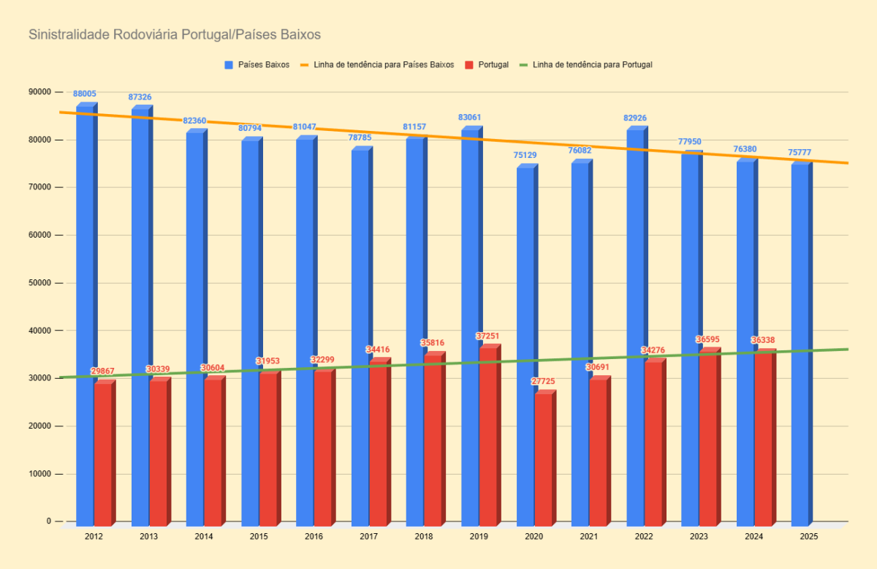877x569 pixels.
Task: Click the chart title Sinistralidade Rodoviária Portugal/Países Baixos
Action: pyautogui.click(x=174, y=34)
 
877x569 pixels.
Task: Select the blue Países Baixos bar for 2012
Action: pyautogui.click(x=85, y=314)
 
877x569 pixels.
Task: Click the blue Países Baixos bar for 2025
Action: pyautogui.click(x=800, y=344)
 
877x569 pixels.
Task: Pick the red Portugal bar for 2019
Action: pyautogui.click(x=487, y=436)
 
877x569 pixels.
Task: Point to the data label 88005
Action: pyautogui.click(x=85, y=94)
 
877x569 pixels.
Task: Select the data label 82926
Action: pyautogui.click(x=635, y=118)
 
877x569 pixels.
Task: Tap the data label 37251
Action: pyautogui.click(x=486, y=336)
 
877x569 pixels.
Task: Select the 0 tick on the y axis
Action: pyautogui.click(x=50, y=521)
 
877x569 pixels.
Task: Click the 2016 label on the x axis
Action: pyautogui.click(x=314, y=537)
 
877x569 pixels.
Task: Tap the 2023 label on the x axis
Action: pyautogui.click(x=699, y=537)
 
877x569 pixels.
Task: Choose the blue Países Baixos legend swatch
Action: pyautogui.click(x=229, y=65)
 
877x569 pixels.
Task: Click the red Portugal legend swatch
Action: pyautogui.click(x=468, y=65)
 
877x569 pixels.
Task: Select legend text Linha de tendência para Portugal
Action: pyautogui.click(x=593, y=65)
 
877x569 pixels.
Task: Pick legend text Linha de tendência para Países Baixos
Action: pyautogui.click(x=384, y=65)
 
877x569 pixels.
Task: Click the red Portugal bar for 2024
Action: pyautogui.click(x=763, y=439)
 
